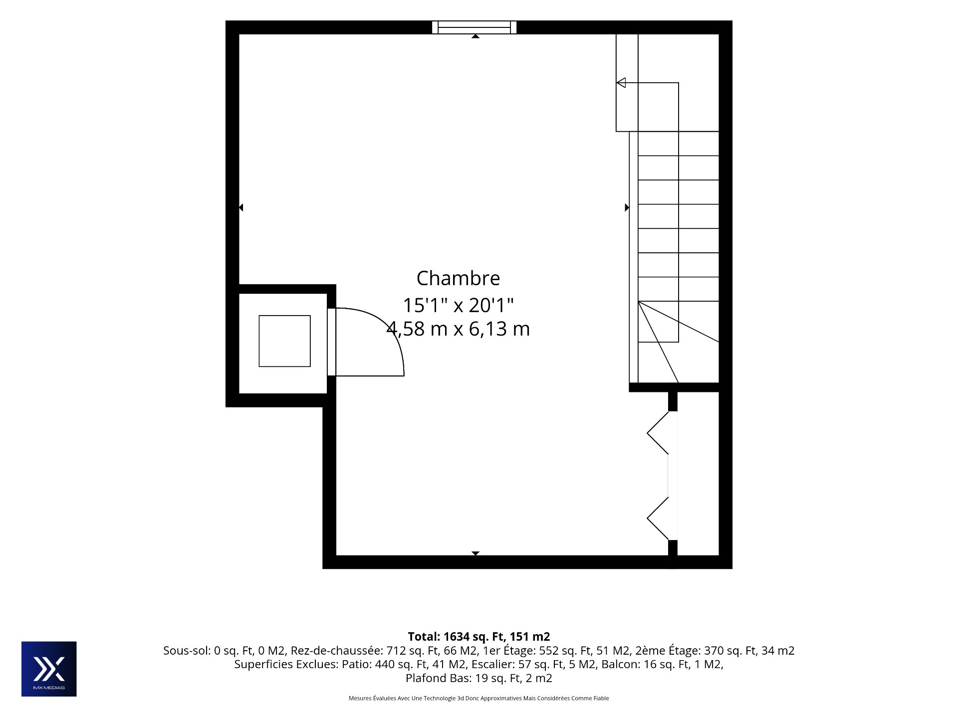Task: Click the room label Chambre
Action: (458, 278)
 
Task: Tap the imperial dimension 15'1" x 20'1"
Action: (458, 305)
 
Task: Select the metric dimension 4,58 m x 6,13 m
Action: (458, 329)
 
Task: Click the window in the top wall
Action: (474, 27)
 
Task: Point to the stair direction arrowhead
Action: (621, 83)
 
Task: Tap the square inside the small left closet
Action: (284, 341)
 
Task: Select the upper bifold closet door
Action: (658, 433)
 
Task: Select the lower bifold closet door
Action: (658, 519)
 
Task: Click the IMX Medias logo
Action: (49, 669)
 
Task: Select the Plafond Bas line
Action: (479, 679)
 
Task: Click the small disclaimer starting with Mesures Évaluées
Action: (479, 698)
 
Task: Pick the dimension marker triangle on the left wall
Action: (241, 207)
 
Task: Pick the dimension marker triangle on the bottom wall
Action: (476, 553)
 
